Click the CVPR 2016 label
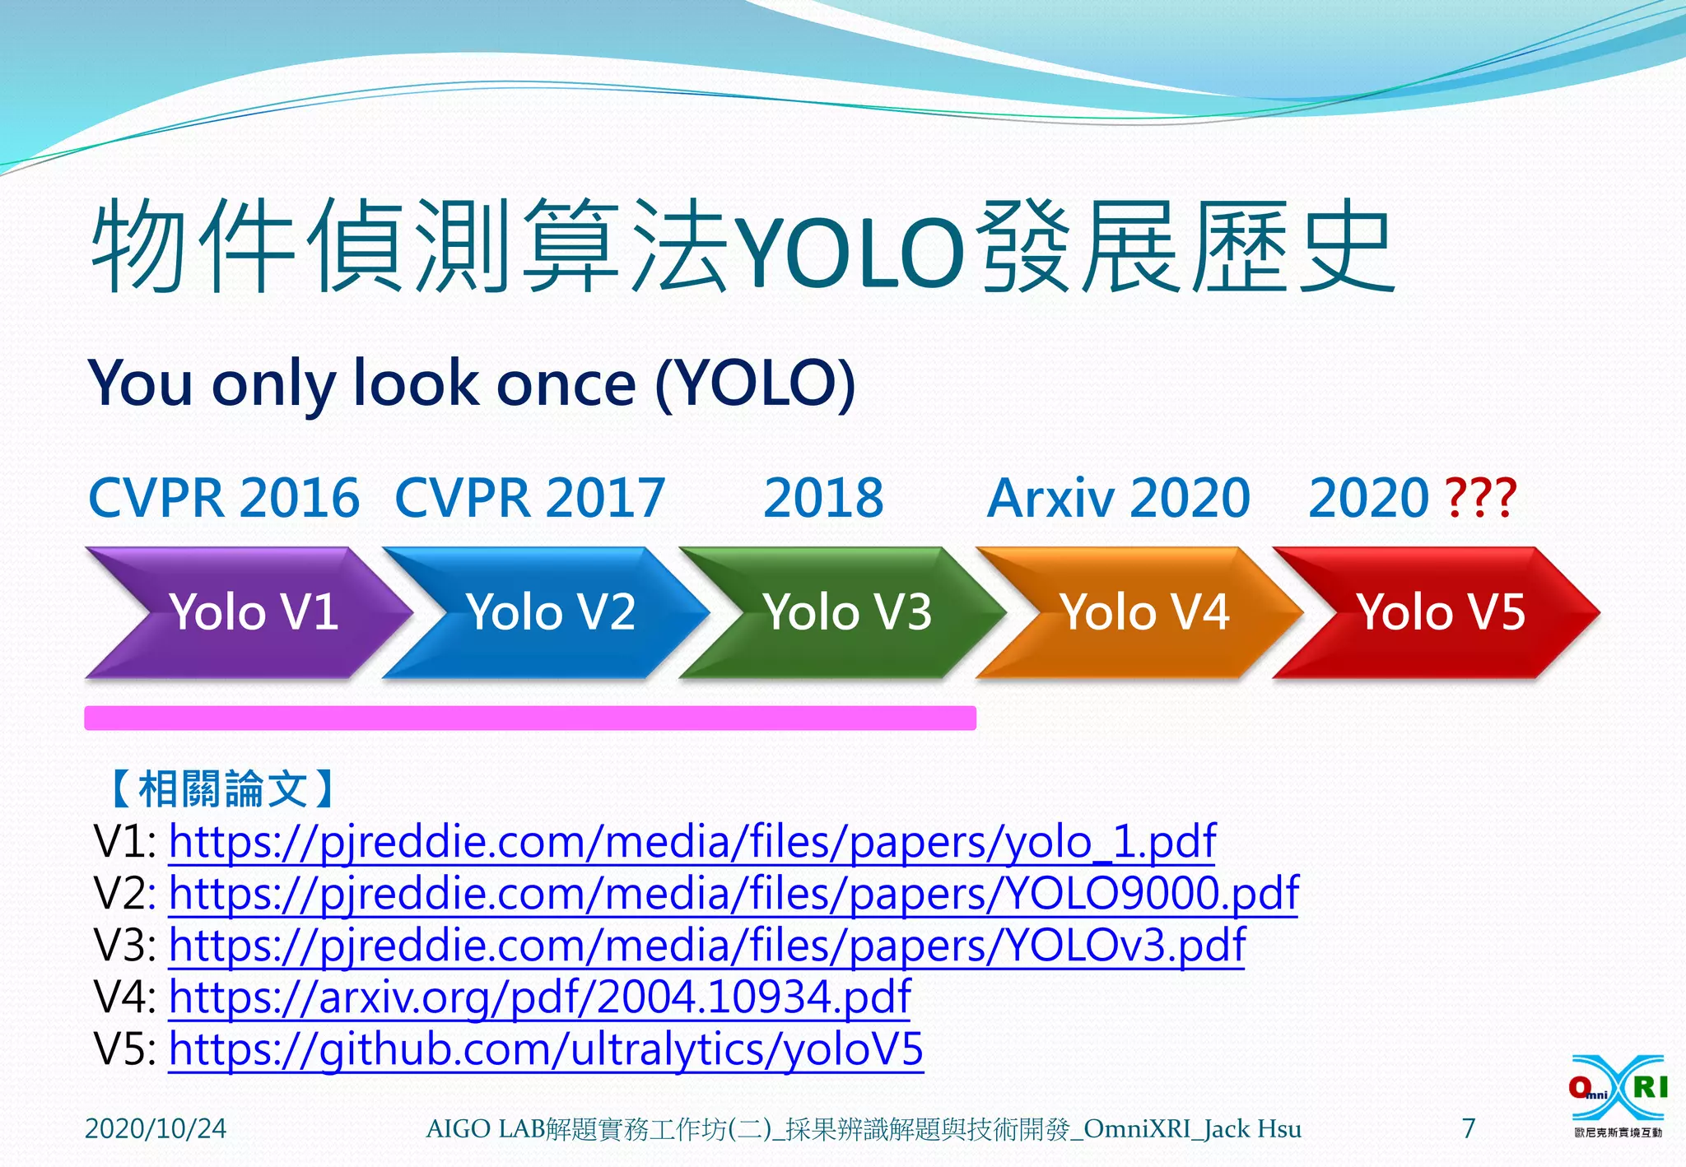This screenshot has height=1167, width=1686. (x=224, y=498)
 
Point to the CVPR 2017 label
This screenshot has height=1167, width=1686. (x=530, y=498)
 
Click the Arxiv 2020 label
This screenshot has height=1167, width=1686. (x=1119, y=498)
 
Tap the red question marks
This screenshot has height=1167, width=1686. (x=1480, y=498)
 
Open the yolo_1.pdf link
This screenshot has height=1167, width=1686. (x=692, y=842)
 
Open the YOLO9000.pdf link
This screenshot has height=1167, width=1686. (x=733, y=894)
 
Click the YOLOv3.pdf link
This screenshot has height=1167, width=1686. (x=706, y=946)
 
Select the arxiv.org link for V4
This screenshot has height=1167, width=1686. (x=539, y=997)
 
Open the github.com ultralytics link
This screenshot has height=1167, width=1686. (x=546, y=1049)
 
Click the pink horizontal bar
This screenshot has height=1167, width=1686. (x=530, y=718)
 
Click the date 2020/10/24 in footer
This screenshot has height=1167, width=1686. (x=156, y=1128)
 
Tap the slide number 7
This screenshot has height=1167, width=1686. (x=1469, y=1127)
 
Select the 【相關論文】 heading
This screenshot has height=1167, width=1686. (x=222, y=788)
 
